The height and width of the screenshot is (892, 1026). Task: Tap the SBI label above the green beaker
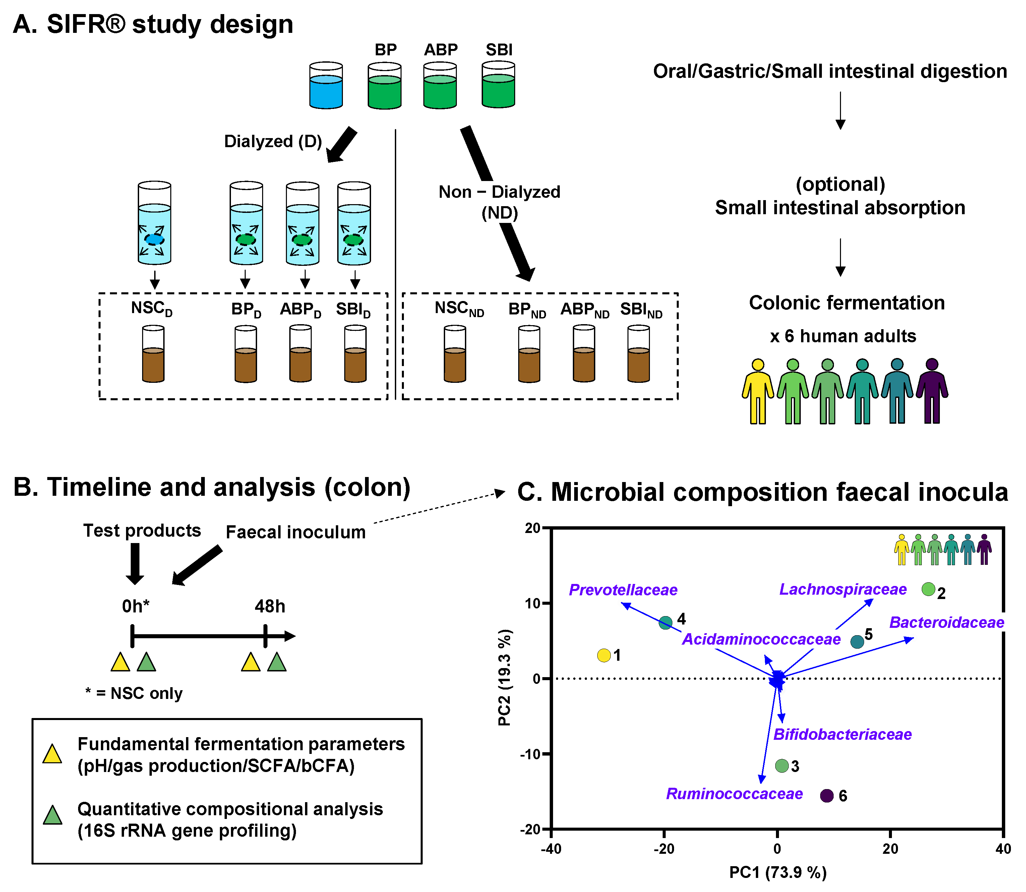pos(499,50)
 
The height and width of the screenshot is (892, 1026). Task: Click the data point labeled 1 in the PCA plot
pos(604,656)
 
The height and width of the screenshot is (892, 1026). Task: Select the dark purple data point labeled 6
pos(827,795)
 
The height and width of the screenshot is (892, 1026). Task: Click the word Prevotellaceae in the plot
pos(623,590)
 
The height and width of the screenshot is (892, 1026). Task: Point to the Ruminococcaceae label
pos(734,793)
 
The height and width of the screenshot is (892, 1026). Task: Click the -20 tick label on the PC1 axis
pos(664,849)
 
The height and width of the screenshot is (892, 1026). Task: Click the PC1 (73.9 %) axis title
pos(778,872)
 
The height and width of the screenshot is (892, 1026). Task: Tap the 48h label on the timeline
pos(270,606)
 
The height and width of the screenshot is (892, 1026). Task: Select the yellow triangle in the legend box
pos(52,754)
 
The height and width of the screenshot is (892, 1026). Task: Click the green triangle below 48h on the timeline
pos(277,662)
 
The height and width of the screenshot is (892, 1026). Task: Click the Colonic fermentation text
pos(847,303)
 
